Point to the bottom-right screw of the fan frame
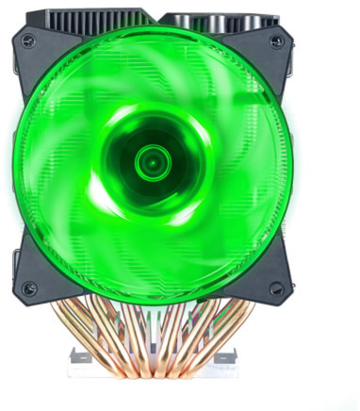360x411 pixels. [x=276, y=289]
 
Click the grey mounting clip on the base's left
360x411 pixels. [x=80, y=354]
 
